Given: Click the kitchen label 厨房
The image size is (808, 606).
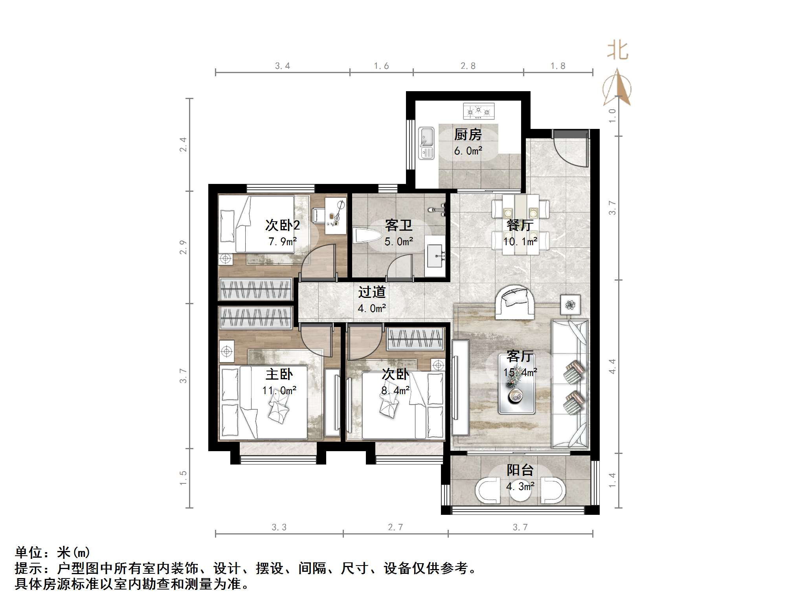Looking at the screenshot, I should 468,135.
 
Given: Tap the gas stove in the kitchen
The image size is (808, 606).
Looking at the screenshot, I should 478,111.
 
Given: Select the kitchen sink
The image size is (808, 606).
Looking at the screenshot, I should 426,143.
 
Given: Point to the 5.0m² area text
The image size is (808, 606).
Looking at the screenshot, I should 398,242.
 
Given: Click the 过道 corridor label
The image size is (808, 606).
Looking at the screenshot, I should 372,292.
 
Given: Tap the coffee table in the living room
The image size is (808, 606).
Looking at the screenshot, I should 516,384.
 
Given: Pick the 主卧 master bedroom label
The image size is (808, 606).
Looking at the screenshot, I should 279,374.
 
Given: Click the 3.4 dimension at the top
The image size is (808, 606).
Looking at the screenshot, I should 282,66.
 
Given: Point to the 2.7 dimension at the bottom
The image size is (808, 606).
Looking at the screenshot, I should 395,527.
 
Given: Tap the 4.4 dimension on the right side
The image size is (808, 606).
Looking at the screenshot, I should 612,366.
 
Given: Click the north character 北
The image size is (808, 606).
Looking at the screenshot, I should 618,51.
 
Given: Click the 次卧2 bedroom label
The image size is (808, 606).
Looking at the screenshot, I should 282,225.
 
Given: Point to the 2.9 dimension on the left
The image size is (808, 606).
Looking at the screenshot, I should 183,247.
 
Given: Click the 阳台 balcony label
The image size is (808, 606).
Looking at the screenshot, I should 520,470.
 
